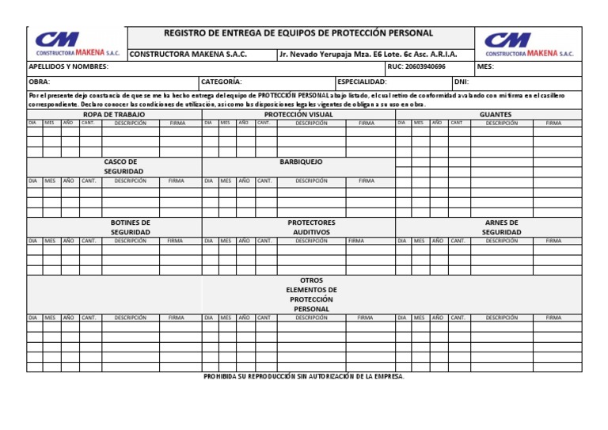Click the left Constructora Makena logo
pos(77,44)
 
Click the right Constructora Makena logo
pos(529,44)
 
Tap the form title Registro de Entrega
pos(298,33)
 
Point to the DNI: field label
pos(462,82)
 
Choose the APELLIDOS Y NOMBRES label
pos(68,67)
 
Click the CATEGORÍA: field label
pos(222,82)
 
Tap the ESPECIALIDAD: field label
pos(362,82)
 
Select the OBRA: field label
pos(40,82)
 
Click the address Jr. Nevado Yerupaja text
pos(367,54)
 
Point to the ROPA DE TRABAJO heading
pos(114,114)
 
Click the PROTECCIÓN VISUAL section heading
pos(298,114)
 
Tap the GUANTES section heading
pos(496,114)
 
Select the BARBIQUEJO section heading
pos(301,162)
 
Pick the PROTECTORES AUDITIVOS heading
pos(311,227)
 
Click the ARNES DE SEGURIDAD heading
pos(501,227)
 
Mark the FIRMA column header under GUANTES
pos(553,124)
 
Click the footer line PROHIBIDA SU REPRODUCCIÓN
pos(304,376)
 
